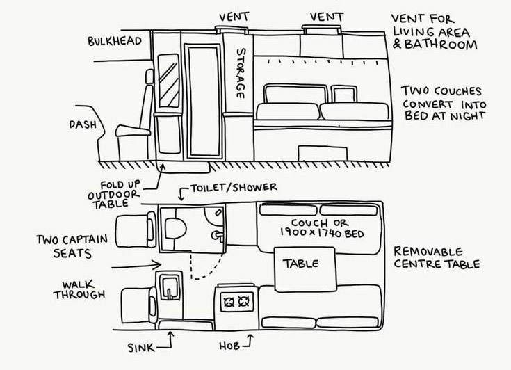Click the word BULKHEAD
pyautogui.click(x=115, y=41)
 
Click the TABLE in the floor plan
pyautogui.click(x=301, y=264)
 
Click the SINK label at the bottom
pyautogui.click(x=141, y=346)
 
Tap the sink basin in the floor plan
pyautogui.click(x=169, y=287)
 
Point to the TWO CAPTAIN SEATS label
pyautogui.click(x=72, y=246)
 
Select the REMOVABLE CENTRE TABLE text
pyautogui.click(x=437, y=257)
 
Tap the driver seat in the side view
pyautogui.click(x=136, y=125)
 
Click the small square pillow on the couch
pyautogui.click(x=341, y=94)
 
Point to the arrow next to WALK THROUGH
pyautogui.click(x=136, y=265)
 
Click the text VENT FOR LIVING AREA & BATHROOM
pyautogui.click(x=435, y=31)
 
